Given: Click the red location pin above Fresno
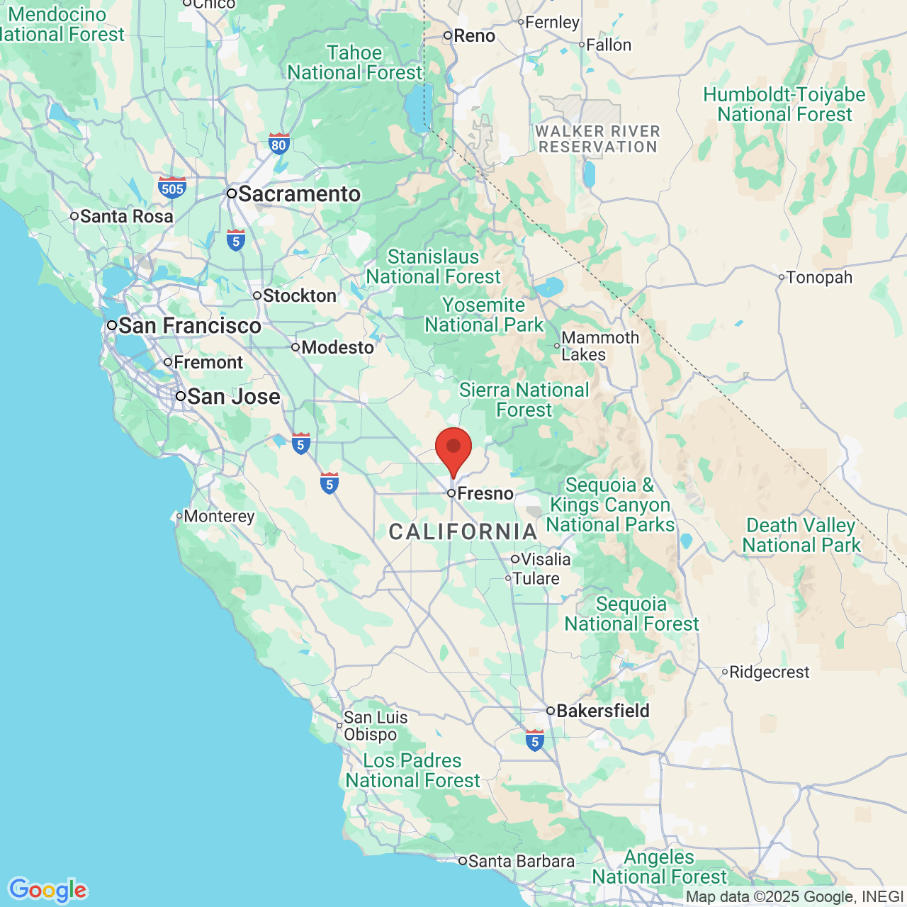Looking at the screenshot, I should pos(453,449).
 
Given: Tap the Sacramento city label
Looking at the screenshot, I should pos(298,194).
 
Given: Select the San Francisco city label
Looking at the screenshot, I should pos(189,326).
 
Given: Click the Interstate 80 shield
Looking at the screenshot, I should pos(279,144).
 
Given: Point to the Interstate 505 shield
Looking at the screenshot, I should pos(172,188).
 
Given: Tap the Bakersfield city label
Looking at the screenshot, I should pos(602,711).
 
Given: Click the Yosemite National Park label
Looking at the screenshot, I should pos(484,315).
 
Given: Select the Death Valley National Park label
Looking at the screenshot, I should pos(801,536).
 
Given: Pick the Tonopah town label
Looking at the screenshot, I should pos(818,278).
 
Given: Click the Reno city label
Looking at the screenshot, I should pos(474,36).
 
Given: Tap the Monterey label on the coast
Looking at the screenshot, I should pos(218,516).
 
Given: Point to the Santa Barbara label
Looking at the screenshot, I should pos(521,862).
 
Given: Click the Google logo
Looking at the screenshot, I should pos(47,890).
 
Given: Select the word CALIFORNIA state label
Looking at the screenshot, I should pos(463,531).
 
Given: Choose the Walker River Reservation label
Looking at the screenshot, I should pos(598,139).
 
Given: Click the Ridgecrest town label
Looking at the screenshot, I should pos(769,672).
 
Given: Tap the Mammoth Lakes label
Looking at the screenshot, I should pos(599,347).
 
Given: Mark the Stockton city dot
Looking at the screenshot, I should pos(257,295).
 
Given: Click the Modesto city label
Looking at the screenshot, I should pos(337,348).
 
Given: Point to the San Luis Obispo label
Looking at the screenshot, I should pos(376,726).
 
